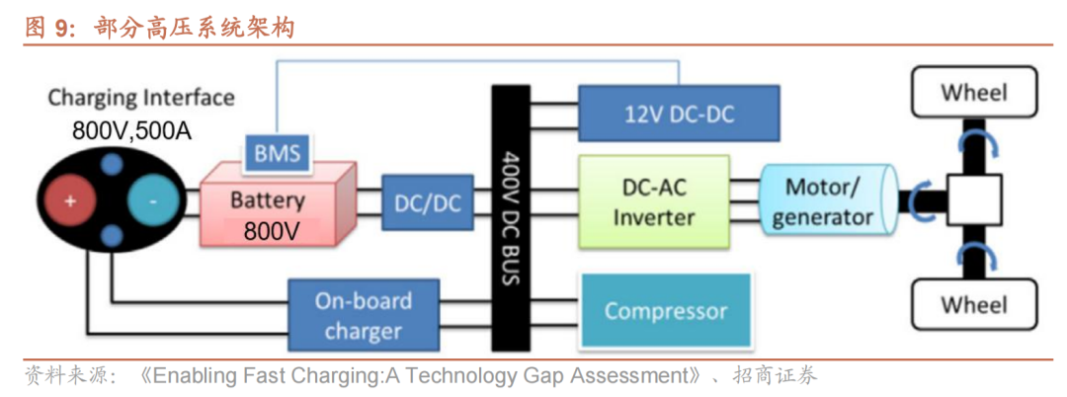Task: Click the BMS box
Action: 278,153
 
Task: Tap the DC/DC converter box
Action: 427,204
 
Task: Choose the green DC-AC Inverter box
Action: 653,202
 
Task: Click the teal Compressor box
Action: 665,311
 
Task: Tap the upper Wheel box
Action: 974,94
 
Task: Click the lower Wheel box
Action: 974,303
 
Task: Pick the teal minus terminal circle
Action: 152,201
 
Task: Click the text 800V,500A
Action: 131,130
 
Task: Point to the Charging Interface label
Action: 141,98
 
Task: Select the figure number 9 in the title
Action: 63,28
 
